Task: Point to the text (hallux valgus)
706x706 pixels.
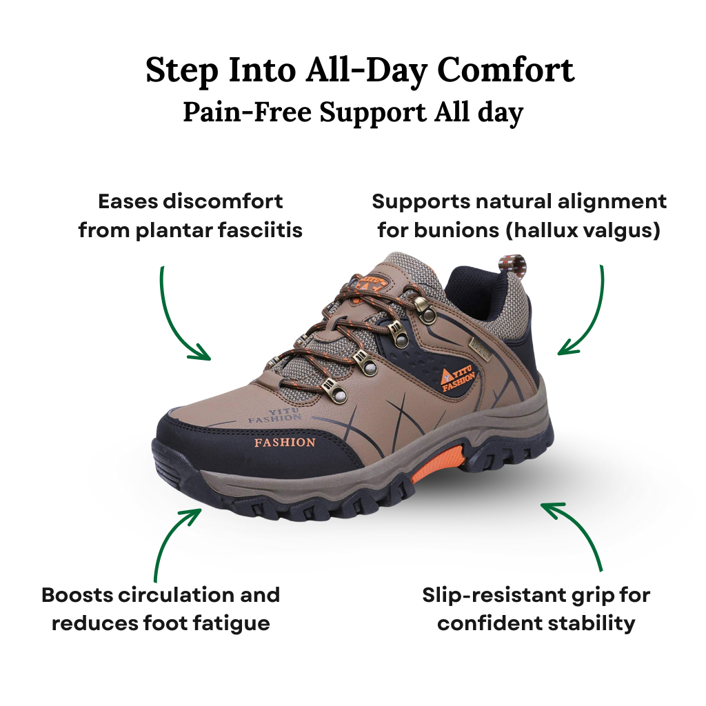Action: (x=583, y=230)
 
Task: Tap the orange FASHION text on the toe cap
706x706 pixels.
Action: (x=285, y=442)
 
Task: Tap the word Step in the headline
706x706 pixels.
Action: (x=181, y=70)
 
